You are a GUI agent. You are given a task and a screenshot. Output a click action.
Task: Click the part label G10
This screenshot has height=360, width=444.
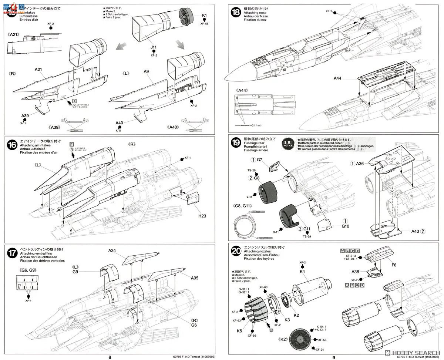point(345,226)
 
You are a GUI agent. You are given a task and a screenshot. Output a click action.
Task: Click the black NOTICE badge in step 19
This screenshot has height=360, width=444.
point(288,143)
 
